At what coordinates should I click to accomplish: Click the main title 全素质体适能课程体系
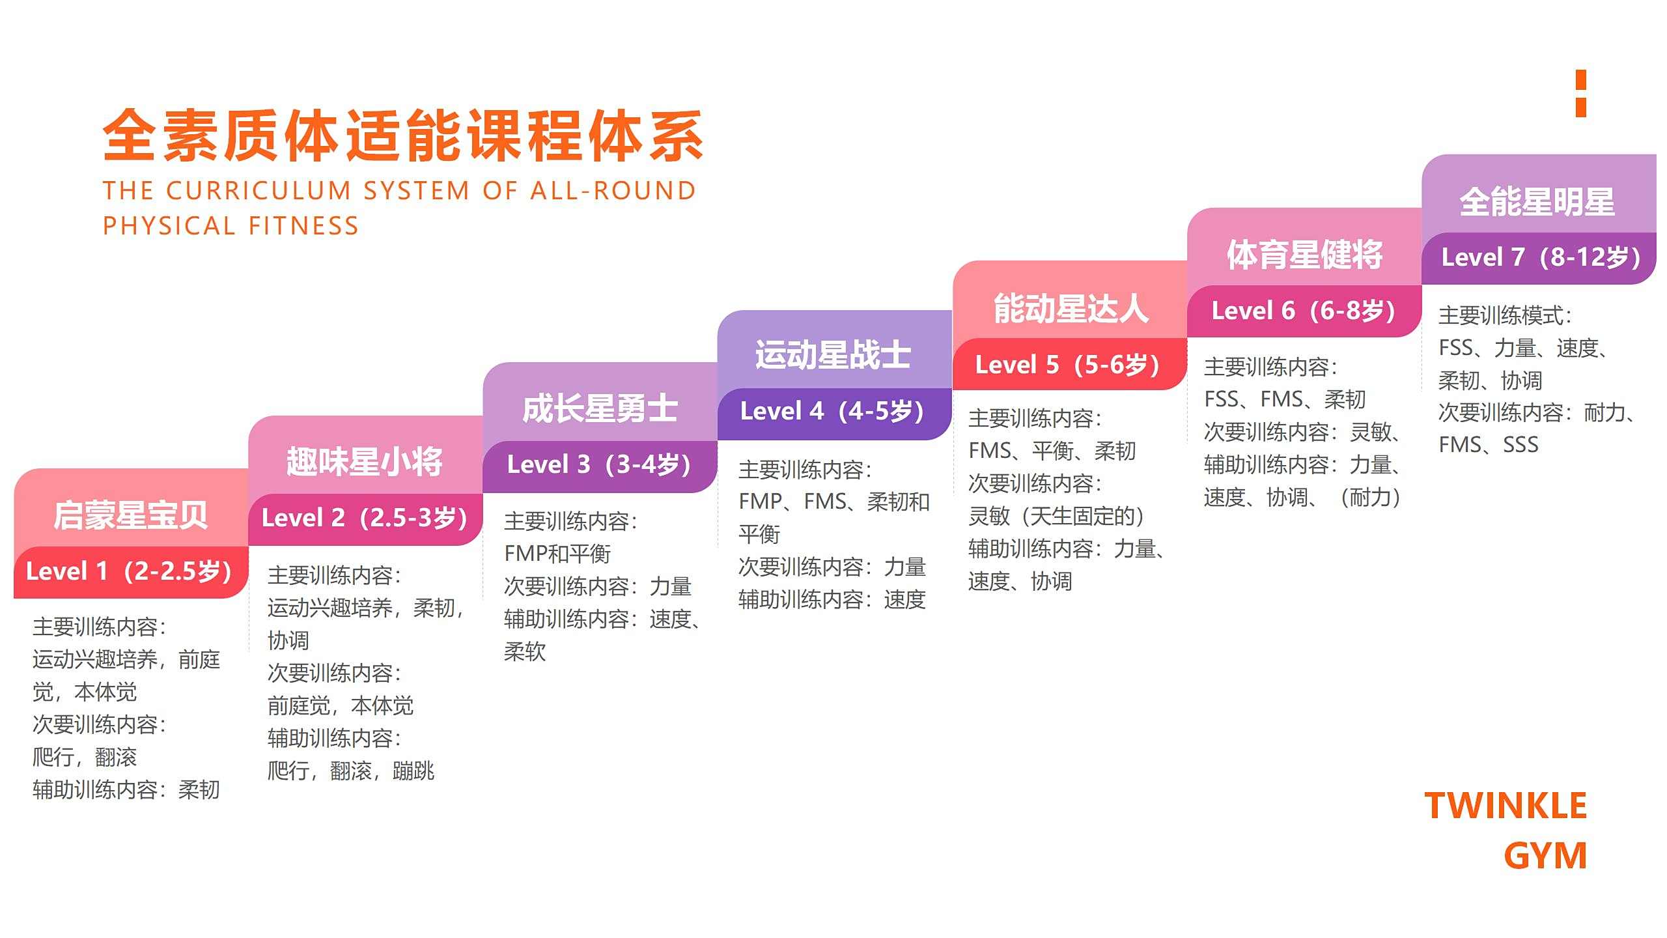pos(403,135)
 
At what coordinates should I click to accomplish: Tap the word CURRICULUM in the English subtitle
pos(259,191)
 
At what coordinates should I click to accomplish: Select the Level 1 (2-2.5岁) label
pos(129,571)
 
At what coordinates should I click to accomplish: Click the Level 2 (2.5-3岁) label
pos(365,518)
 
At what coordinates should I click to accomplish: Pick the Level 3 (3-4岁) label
pos(599,464)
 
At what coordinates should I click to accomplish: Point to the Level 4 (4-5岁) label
pos(832,411)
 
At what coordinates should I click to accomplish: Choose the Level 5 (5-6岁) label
pos(1067,365)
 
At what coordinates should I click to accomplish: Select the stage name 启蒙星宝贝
pos(130,515)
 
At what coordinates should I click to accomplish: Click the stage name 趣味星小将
pos(365,461)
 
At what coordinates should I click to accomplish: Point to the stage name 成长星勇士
pos(600,408)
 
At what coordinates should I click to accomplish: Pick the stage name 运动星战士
pos(833,355)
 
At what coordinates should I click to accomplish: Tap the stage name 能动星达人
pos(1071,308)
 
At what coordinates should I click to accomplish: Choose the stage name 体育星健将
pos(1305,254)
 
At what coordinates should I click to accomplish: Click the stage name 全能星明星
pos(1537,201)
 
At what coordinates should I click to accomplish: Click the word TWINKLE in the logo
pos(1506,805)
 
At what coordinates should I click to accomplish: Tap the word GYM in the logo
pos(1545,855)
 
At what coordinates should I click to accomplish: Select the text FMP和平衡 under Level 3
pos(557,554)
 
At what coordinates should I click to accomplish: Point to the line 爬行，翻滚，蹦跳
pos(351,771)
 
